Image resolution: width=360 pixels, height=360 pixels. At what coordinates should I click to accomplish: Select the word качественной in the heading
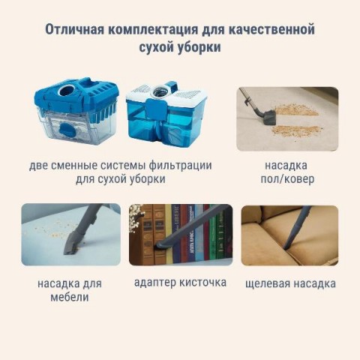pyautogui.click(x=271, y=30)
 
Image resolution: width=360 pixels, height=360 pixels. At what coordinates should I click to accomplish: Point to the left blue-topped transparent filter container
pyautogui.click(x=76, y=110)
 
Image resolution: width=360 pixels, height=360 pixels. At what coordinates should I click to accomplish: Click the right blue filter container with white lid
pyautogui.click(x=166, y=114)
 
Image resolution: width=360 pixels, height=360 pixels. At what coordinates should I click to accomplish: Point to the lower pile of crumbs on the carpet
pyautogui.click(x=298, y=130)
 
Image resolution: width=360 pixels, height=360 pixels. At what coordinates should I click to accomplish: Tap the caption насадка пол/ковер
pyautogui.click(x=287, y=172)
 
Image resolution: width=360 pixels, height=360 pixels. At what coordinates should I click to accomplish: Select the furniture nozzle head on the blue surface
pyautogui.click(x=73, y=242)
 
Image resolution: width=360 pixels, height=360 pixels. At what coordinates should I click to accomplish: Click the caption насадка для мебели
pyautogui.click(x=70, y=290)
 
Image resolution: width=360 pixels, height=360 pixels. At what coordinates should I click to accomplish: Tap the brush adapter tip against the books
pyautogui.click(x=161, y=245)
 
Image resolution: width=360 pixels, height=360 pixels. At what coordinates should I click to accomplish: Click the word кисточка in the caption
pyautogui.click(x=203, y=283)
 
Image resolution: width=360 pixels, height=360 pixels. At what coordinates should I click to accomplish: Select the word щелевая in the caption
pyautogui.click(x=268, y=284)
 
